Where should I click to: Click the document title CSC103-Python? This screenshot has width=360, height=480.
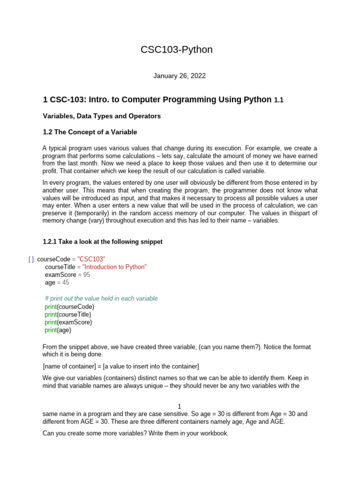(x=176, y=50)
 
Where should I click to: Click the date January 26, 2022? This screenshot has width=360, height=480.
(x=180, y=76)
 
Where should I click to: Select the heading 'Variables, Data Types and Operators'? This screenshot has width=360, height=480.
(x=102, y=116)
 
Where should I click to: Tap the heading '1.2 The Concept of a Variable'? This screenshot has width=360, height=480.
(x=90, y=132)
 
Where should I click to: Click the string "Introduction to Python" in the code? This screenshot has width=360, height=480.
(x=114, y=267)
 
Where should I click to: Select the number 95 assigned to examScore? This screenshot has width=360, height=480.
(x=87, y=275)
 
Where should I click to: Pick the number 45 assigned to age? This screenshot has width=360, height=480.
(x=66, y=283)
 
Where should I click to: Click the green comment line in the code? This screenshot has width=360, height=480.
(x=101, y=299)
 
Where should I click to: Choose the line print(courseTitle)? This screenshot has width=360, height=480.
(x=68, y=315)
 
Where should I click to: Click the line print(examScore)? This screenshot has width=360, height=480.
(x=68, y=322)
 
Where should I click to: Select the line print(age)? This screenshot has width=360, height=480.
(x=58, y=330)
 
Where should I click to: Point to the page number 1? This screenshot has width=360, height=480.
(x=180, y=406)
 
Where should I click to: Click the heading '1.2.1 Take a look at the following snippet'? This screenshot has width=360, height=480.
(x=103, y=242)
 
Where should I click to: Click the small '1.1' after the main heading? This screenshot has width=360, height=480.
(x=279, y=100)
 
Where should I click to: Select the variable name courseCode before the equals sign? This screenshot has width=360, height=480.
(x=53, y=259)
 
